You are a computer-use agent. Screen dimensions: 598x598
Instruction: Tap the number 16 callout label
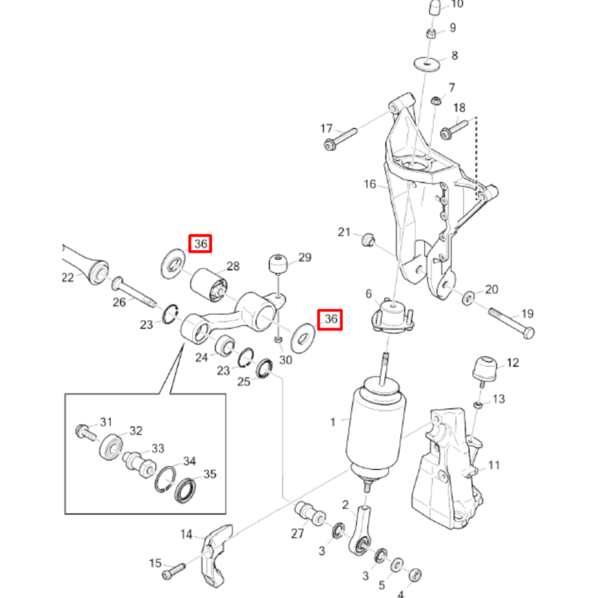[x=370, y=184]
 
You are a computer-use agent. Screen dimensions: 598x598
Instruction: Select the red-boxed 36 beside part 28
[x=200, y=244]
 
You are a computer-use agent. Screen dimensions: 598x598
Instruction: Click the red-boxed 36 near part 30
[x=331, y=319]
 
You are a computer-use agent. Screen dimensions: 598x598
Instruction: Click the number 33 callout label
[x=158, y=449]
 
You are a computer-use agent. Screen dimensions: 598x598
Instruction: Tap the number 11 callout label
[x=493, y=465]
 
